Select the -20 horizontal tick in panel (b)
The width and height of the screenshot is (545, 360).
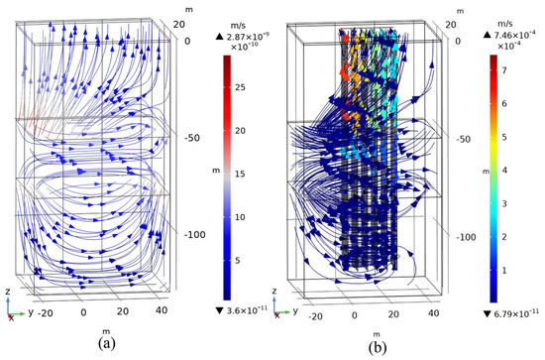(315, 315)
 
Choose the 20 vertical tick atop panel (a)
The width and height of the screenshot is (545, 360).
(180, 20)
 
